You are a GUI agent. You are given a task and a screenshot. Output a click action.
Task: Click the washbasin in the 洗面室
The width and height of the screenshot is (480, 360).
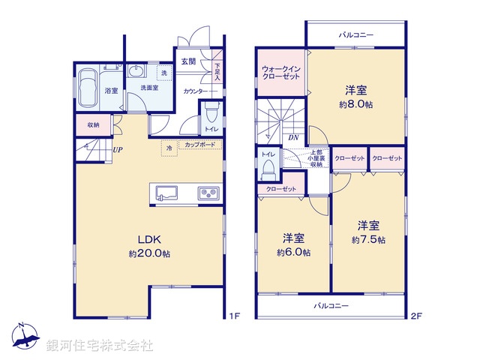point(136,72)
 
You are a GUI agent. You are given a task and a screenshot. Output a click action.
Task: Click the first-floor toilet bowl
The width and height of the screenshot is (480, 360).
point(211,114)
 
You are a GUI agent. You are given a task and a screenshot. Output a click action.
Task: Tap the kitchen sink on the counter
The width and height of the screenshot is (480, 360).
point(166,194)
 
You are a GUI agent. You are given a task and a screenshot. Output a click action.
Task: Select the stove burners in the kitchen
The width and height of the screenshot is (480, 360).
point(208,194)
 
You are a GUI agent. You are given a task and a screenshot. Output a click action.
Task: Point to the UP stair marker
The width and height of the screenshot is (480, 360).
point(118,149)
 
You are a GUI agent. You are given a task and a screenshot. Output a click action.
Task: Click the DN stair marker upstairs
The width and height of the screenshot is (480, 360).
point(295,138)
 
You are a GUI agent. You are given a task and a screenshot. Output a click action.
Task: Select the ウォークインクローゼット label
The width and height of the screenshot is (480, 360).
point(282,73)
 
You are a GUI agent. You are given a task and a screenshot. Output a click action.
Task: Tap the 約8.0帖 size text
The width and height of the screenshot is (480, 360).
point(355,105)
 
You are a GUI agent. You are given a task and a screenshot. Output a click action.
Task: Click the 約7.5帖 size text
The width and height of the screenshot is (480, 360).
point(368,240)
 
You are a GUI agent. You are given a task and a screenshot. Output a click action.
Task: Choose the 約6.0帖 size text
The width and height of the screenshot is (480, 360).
point(293,253)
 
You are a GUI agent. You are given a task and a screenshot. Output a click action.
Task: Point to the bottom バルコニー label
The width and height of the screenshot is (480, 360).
point(331,306)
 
